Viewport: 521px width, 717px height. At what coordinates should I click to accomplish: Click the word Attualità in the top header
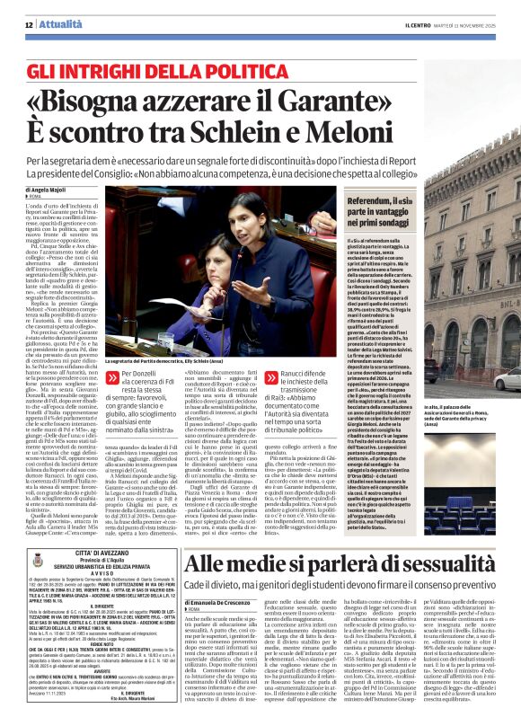[x=44, y=9]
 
